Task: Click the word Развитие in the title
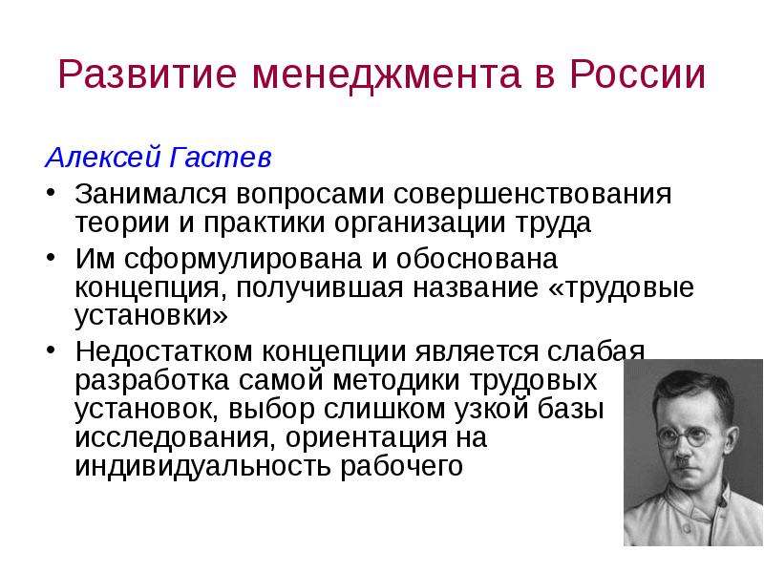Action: [x=147, y=74]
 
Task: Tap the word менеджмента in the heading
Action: [x=386, y=75]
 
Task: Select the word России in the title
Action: [x=637, y=74]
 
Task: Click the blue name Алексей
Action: [x=103, y=158]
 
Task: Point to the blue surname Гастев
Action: [x=221, y=158]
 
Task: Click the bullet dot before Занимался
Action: [x=52, y=191]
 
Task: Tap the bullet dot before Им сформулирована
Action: [x=52, y=257]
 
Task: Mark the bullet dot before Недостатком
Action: [x=52, y=350]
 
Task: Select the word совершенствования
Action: [x=533, y=195]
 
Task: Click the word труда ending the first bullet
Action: [x=554, y=223]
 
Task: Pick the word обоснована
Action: [x=477, y=258]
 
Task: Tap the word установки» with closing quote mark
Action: [x=151, y=316]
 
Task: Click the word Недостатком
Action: [x=164, y=351]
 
